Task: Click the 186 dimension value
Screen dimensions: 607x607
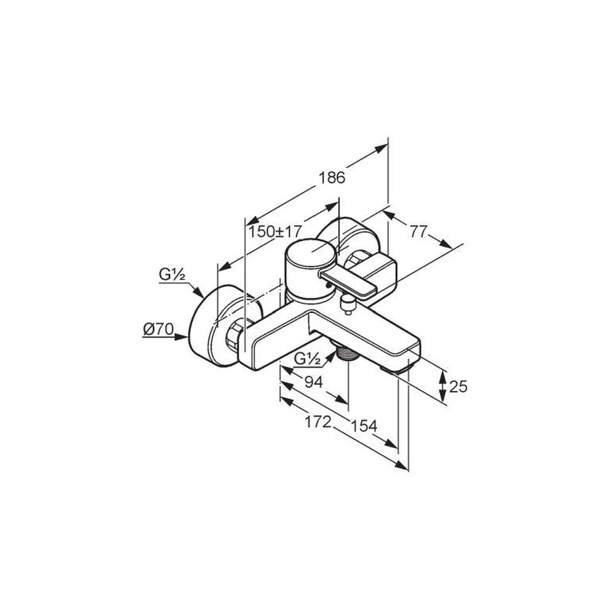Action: [332, 178]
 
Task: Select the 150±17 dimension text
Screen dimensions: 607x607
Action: [274, 232]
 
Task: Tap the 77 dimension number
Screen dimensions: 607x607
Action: [418, 232]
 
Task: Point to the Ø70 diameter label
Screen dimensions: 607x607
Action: [158, 330]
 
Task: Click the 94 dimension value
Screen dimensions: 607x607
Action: [314, 382]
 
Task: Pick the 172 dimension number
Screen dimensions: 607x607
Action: [318, 422]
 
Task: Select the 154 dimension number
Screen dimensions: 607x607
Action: [364, 426]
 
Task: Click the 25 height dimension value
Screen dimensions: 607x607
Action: [459, 386]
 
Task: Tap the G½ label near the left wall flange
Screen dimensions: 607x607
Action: [172, 274]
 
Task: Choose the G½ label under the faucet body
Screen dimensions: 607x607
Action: [307, 359]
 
